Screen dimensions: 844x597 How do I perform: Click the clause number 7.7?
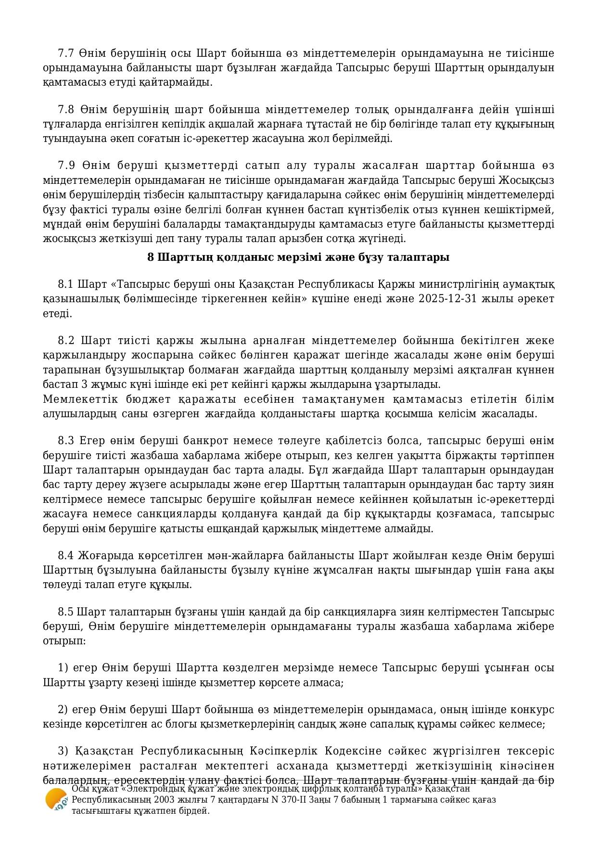click(66, 53)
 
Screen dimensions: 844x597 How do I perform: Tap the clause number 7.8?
click(66, 109)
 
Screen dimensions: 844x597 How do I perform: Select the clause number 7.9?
click(66, 166)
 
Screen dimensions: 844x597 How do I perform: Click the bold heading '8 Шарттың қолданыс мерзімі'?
click(298, 257)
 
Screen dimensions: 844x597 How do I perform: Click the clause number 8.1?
click(66, 284)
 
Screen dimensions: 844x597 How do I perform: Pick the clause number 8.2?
click(66, 341)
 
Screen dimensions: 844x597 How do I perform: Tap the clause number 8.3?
click(66, 441)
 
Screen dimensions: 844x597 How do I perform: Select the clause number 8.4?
click(66, 555)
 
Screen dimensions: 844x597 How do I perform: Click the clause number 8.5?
click(66, 612)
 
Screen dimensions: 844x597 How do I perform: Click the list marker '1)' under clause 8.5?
click(63, 668)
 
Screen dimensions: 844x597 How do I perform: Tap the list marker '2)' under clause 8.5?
click(63, 710)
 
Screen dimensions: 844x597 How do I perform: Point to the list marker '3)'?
click(63, 751)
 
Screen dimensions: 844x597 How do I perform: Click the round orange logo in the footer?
click(56, 799)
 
